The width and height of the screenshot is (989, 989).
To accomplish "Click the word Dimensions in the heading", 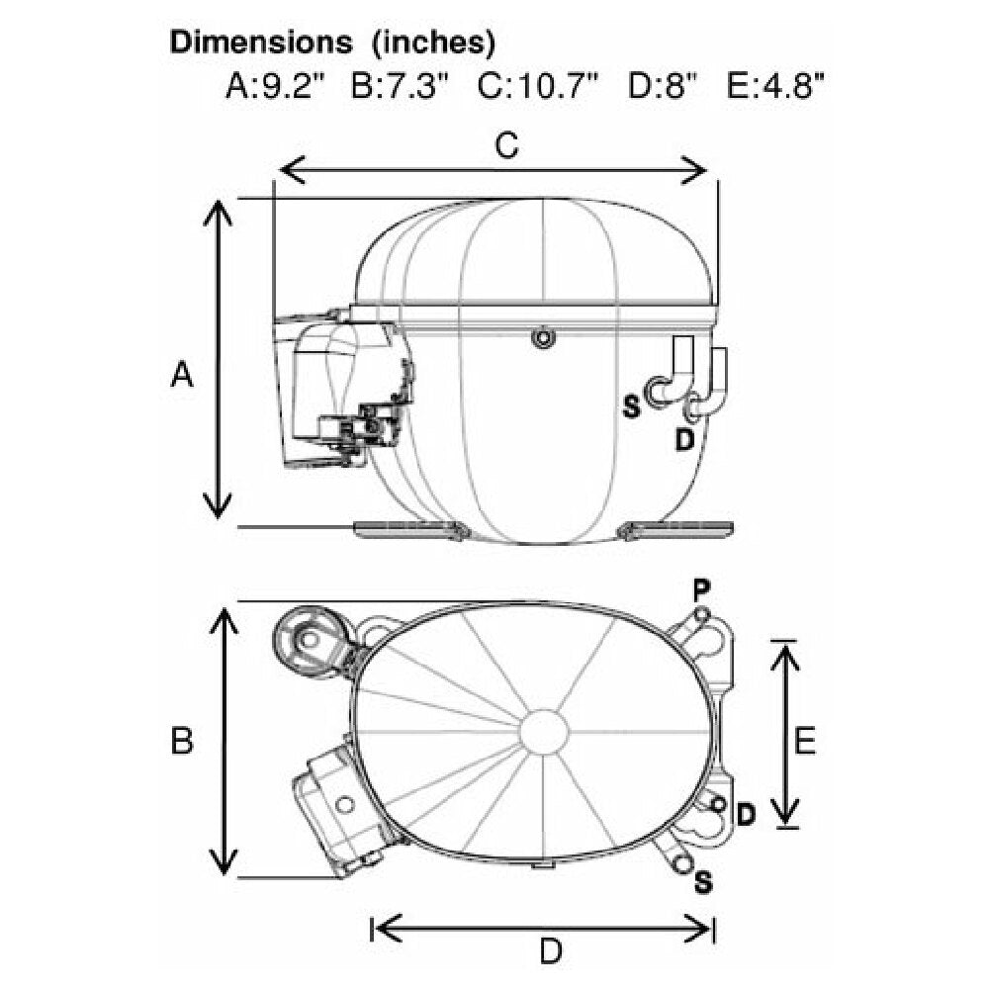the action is [x=261, y=43].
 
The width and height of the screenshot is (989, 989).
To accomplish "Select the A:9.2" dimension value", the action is [x=274, y=86].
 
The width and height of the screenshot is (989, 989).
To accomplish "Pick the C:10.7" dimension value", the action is [x=537, y=86].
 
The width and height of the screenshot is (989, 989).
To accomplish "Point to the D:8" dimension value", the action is [x=662, y=86].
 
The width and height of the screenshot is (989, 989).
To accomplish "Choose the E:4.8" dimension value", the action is [x=775, y=86].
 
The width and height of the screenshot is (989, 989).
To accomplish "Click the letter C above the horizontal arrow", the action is [x=506, y=145].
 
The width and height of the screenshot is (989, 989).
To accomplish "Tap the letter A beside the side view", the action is [x=182, y=374].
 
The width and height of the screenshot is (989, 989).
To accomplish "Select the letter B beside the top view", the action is [x=182, y=741].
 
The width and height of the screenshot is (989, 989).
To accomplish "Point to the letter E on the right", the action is [x=805, y=741].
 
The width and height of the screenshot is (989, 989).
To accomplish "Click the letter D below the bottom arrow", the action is [x=551, y=951].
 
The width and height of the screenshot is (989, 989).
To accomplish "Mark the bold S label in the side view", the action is [x=631, y=406].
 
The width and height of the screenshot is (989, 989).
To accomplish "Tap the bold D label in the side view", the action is [x=684, y=440].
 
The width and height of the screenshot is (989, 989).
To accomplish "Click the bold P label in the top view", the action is [x=701, y=591].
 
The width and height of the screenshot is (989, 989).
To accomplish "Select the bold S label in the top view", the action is [x=703, y=882].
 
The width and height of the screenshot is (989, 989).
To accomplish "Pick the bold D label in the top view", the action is [x=746, y=815].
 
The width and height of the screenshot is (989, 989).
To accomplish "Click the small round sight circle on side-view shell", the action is [x=542, y=337].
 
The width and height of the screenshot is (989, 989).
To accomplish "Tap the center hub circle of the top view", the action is [x=544, y=732].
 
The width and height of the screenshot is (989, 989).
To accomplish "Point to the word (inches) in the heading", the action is [x=433, y=43].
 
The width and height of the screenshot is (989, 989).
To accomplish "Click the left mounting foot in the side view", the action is [x=411, y=530].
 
